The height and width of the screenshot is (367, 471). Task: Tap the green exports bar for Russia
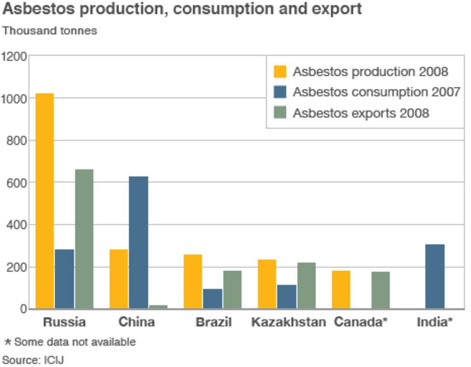tap(84, 239)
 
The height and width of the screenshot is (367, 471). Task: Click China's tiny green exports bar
tap(158, 306)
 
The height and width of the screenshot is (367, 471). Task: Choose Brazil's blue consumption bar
tap(212, 299)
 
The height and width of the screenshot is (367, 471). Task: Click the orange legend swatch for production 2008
tap(280, 72)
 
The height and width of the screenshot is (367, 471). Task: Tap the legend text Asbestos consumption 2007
tap(376, 92)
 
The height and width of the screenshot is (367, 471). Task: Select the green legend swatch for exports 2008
tap(280, 113)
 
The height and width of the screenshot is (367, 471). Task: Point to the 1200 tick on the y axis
tap(14, 56)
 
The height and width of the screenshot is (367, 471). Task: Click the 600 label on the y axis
tap(17, 183)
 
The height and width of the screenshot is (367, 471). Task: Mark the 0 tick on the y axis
tap(22, 309)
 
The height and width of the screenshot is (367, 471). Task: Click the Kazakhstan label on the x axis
tap(289, 322)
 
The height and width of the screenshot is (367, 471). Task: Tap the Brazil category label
tap(213, 322)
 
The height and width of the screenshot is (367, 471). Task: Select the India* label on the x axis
tap(435, 322)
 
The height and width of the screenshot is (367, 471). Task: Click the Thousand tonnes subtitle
tap(50, 31)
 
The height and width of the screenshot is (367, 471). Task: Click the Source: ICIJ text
tap(33, 360)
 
